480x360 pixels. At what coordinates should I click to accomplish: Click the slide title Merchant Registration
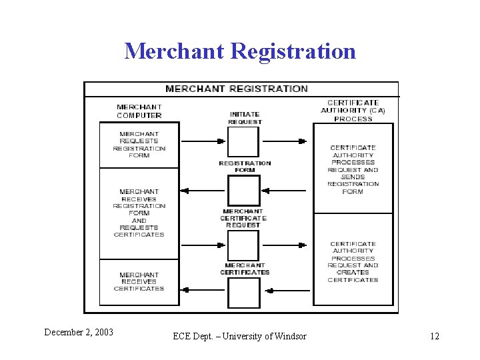pyautogui.click(x=240, y=51)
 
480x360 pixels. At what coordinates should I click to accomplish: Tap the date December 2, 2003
pyautogui.click(x=79, y=332)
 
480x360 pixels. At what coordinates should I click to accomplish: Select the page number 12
pyautogui.click(x=435, y=336)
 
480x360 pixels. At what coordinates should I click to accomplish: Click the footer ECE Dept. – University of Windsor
pyautogui.click(x=239, y=336)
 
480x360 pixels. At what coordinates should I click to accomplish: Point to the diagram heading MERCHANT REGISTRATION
pyautogui.click(x=237, y=89)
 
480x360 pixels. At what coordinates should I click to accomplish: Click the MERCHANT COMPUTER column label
pyautogui.click(x=139, y=111)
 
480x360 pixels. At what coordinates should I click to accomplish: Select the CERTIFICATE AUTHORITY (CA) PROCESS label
pyautogui.click(x=353, y=111)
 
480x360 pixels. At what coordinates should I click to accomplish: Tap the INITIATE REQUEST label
pyautogui.click(x=245, y=118)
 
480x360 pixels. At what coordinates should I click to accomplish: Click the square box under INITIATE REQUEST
pyautogui.click(x=243, y=141)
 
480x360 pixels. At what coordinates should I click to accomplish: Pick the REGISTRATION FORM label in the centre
pyautogui.click(x=245, y=166)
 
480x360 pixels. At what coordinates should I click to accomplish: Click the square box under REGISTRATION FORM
pyautogui.click(x=243, y=190)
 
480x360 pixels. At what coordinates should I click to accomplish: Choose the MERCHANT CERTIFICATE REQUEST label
pyautogui.click(x=243, y=218)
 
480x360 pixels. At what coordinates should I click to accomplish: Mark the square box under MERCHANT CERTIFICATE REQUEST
pyautogui.click(x=243, y=244)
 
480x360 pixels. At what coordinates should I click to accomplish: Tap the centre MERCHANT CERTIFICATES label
pyautogui.click(x=245, y=269)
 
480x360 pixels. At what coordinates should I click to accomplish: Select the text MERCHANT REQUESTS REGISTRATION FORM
pyautogui.click(x=139, y=145)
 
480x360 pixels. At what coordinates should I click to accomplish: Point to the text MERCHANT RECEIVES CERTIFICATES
pyautogui.click(x=139, y=281)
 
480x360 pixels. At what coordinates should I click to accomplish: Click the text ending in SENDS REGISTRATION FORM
pyautogui.click(x=353, y=169)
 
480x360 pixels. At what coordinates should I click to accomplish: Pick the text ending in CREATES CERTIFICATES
pyautogui.click(x=353, y=262)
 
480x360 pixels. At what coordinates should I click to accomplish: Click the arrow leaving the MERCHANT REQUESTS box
pyautogui.click(x=203, y=141)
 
